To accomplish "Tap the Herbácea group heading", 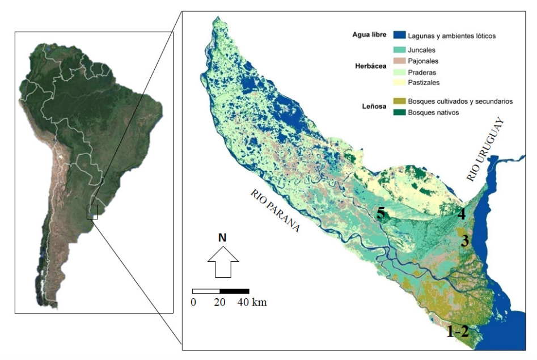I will click(370, 66).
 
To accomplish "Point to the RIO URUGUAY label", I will click(485, 150).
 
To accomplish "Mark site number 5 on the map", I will click(381, 214).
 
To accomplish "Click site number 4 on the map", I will click(462, 215).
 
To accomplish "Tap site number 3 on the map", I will click(464, 241).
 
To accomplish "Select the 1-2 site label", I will click(458, 332).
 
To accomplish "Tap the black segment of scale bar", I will click(234, 291).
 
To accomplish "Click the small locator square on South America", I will click(92, 212).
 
